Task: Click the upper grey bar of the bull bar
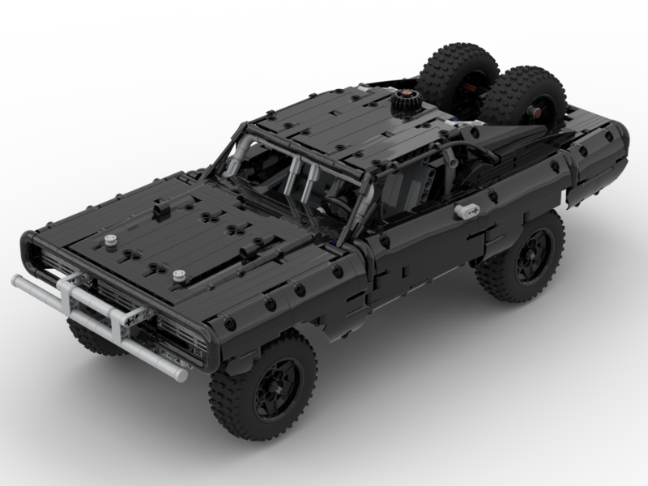coord(49,288)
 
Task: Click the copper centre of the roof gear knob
coord(403,98)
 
